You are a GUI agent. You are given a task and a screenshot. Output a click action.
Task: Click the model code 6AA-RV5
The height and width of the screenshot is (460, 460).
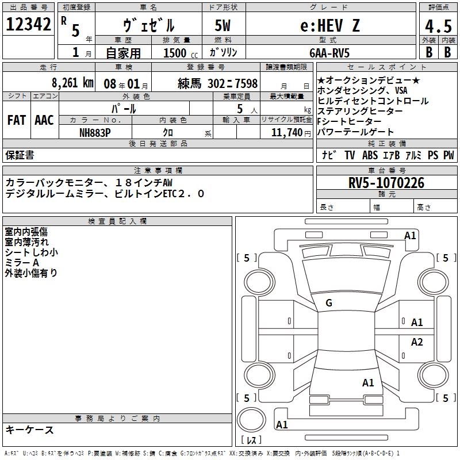coord(330,53)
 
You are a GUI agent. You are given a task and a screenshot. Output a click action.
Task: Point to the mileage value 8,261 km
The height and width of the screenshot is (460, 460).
coord(72,83)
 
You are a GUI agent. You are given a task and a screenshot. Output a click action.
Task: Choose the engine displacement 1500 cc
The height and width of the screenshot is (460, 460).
coord(179,53)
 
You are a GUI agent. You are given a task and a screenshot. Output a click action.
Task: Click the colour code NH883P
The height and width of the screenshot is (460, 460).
coord(95,132)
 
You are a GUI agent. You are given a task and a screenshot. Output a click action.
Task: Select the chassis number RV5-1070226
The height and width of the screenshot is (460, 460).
coord(386,183)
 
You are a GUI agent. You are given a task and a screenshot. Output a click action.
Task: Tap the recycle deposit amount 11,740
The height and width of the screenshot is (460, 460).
coord(286,132)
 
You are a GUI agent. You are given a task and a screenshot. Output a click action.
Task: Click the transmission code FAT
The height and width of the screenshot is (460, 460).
coord(17,120)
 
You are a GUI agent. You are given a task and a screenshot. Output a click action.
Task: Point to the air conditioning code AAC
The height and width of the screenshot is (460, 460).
coord(44,120)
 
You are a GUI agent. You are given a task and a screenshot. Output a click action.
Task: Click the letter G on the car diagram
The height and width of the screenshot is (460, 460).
coord(329,303)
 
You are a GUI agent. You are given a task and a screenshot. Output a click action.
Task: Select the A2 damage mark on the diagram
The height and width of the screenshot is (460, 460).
coord(417,342)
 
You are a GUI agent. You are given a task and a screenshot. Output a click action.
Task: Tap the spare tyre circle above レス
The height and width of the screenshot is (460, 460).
coord(254,419)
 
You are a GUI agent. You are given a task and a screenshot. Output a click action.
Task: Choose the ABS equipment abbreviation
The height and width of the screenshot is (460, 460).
coord(370,155)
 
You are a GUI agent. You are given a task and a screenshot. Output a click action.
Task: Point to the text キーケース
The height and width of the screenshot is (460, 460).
coord(29,430)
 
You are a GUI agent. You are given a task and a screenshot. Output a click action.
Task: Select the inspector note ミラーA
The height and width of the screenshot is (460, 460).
coord(22,262)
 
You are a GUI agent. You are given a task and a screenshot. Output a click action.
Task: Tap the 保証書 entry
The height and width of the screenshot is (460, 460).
coord(20,155)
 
